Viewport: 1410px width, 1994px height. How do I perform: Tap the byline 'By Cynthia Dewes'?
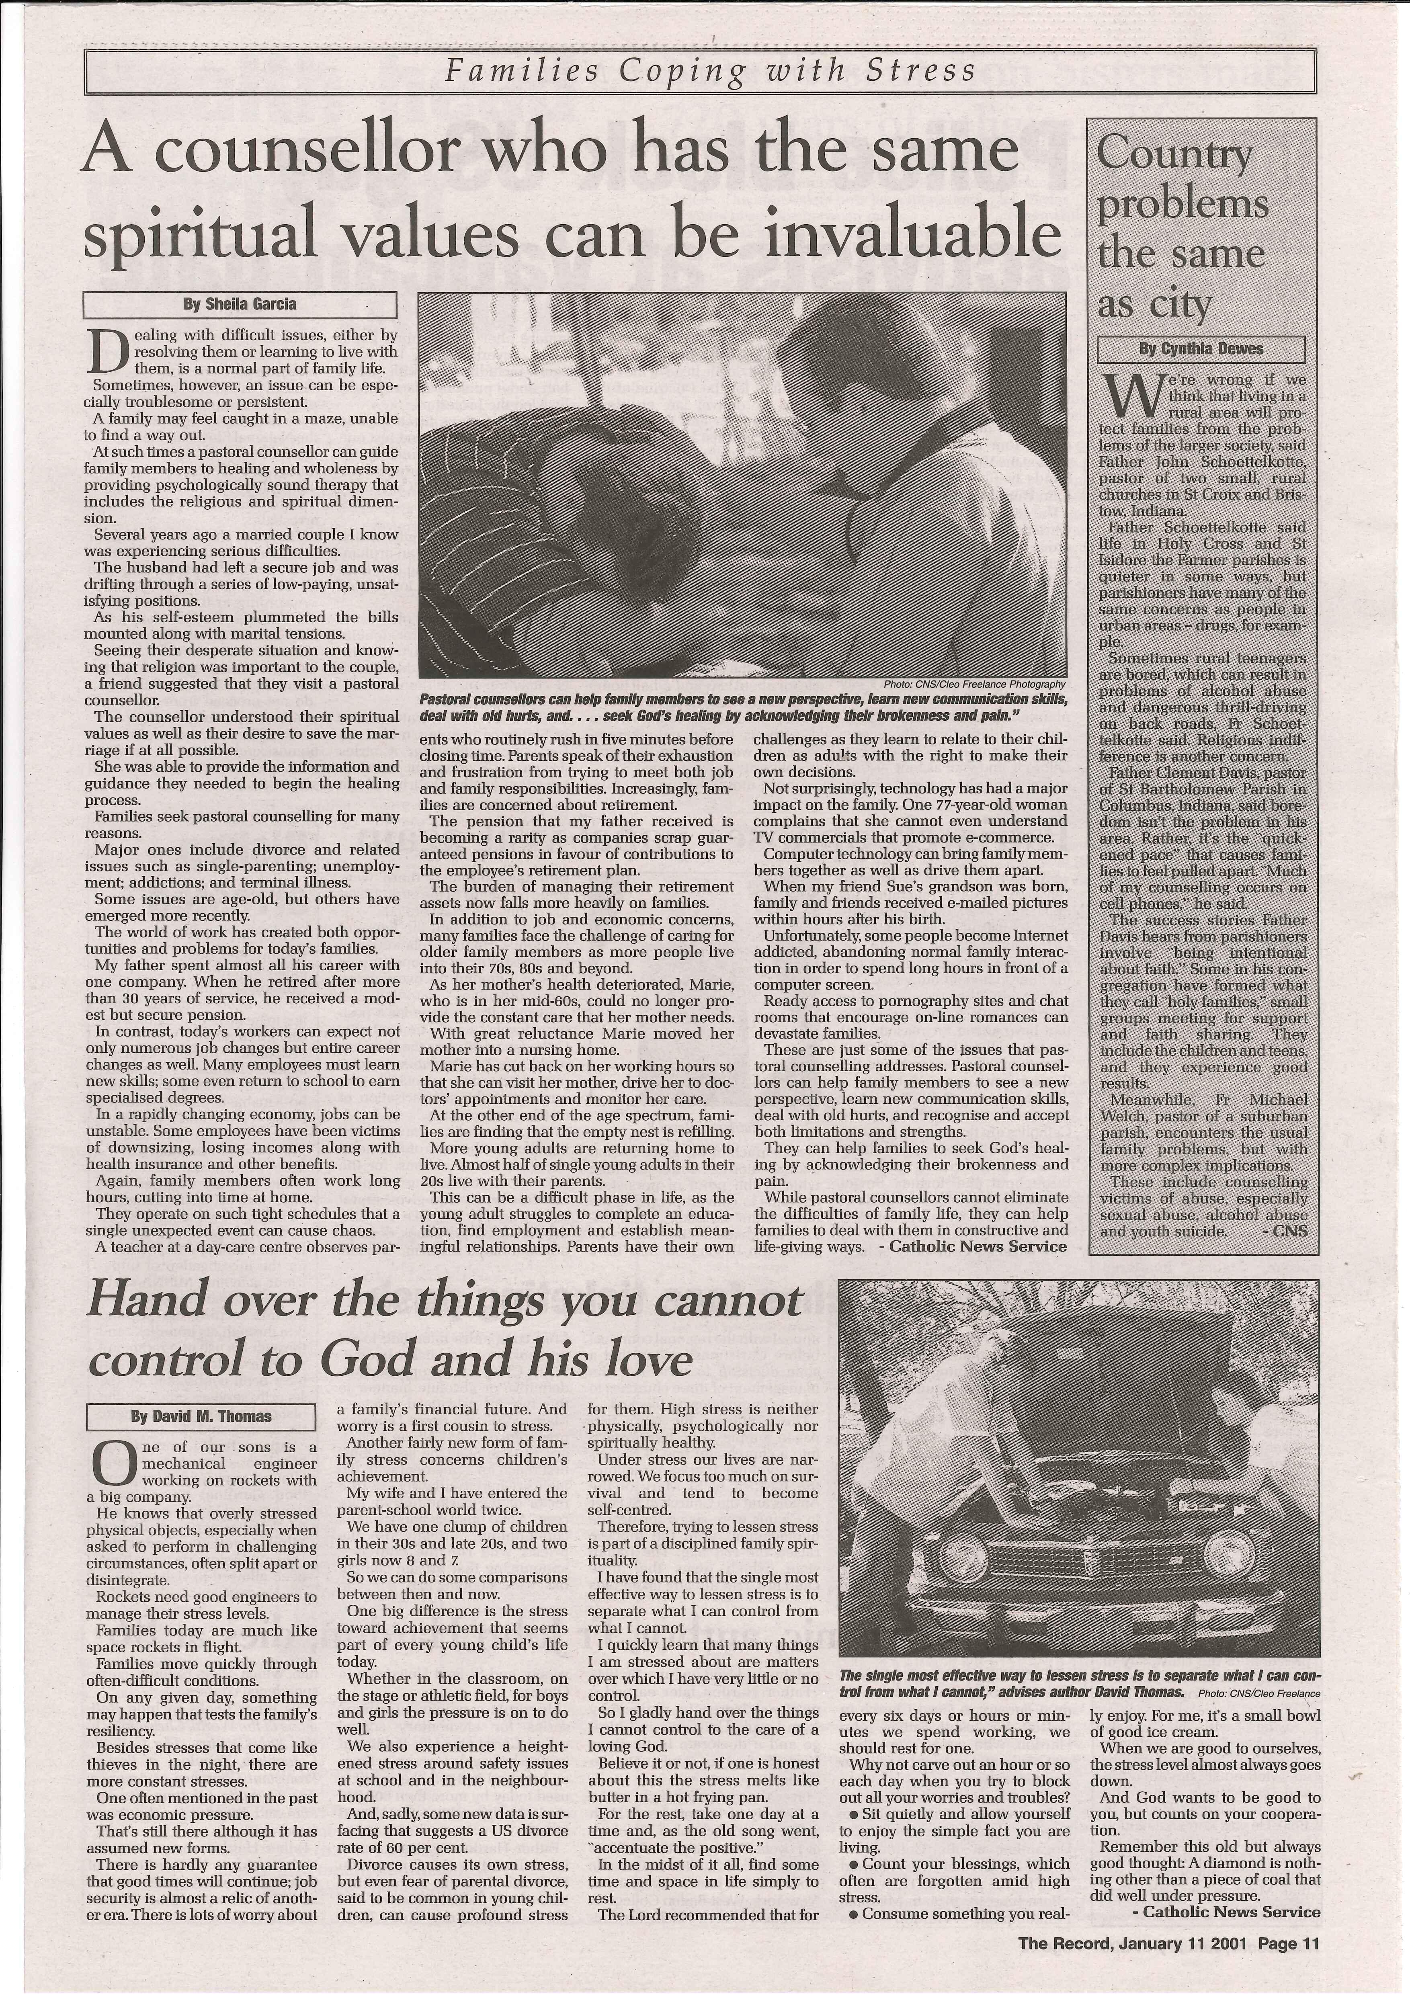[x=1201, y=349]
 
